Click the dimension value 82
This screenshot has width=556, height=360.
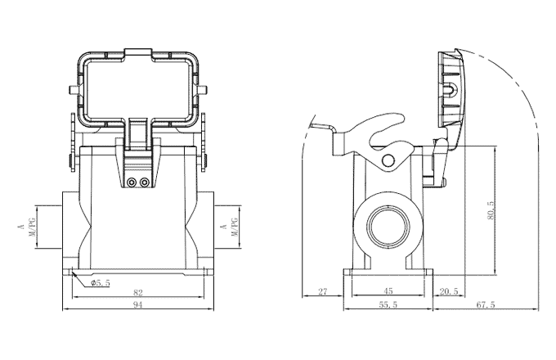coord(137,292)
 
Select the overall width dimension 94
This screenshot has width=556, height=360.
coord(137,304)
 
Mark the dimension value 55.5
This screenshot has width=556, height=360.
coord(388,304)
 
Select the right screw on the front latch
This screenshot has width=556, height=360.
coord(145,182)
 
